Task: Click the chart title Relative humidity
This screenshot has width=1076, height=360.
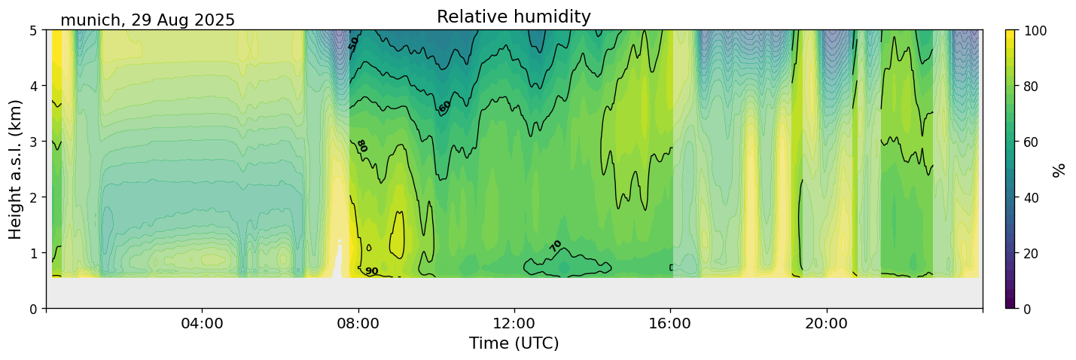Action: coord(514,17)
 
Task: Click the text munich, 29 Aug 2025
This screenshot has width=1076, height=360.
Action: coord(148,20)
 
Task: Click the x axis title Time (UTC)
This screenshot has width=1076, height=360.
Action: coord(514,343)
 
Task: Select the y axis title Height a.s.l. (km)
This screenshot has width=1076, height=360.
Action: coord(16,169)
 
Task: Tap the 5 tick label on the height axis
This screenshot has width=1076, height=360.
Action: coord(35,30)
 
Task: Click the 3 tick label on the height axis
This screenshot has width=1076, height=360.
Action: coord(35,142)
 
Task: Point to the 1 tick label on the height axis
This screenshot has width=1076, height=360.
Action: coord(35,253)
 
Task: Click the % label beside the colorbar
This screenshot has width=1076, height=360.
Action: coord(1059,169)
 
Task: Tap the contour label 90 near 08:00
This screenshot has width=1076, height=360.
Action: coord(372,271)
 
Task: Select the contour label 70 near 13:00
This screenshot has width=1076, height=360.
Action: coord(556,246)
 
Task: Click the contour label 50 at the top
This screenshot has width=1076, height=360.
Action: coord(354,43)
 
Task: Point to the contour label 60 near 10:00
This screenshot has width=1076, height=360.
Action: coord(445,107)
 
